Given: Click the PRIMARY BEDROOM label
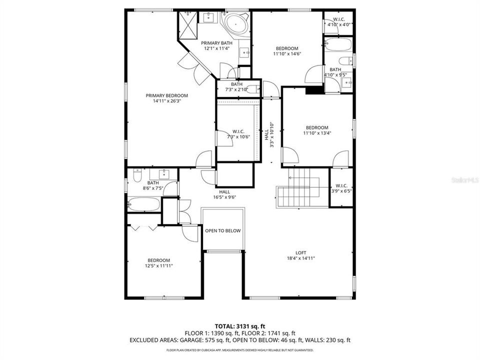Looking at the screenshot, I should tap(166, 95).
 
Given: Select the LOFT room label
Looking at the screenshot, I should tap(300, 252).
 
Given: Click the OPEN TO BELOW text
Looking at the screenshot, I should tap(222, 230).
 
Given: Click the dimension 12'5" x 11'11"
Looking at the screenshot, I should tap(158, 266).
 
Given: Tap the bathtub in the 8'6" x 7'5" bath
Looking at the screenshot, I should tap(143, 204).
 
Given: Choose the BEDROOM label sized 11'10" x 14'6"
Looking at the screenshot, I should tap(287, 48).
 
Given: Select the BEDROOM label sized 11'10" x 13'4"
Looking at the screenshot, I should tap(317, 127).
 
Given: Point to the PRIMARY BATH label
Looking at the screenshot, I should tap(217, 43).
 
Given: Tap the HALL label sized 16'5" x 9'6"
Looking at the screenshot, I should tap(224, 191).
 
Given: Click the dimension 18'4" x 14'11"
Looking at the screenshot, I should tap(300, 258).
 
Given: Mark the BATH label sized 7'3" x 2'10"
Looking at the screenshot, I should tap(236, 84).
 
